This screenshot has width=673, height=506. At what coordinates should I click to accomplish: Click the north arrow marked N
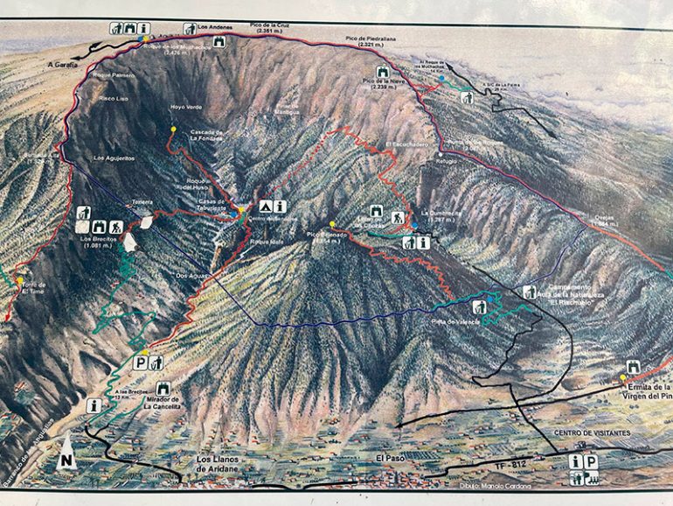66,460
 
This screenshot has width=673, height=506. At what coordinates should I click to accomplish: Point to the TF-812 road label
510,465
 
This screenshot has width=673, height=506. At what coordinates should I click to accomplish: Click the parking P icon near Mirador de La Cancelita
140,361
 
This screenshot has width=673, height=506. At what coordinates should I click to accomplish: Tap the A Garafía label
63,63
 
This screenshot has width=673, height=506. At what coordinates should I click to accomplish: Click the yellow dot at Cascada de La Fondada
173,130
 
